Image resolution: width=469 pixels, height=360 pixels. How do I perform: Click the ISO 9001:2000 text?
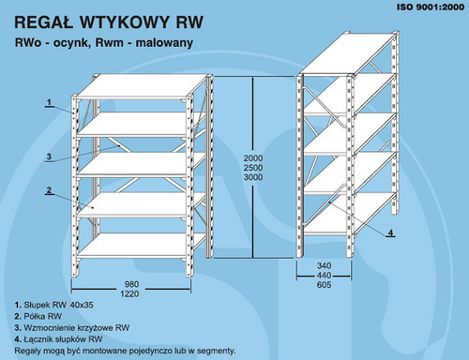[x=431, y=7]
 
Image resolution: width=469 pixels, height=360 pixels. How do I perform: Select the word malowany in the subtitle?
[x=164, y=42]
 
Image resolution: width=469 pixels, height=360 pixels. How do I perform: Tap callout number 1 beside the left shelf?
[x=49, y=102]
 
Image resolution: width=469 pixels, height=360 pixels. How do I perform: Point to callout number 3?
[x=49, y=157]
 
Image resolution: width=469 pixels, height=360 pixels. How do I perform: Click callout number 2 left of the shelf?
[x=49, y=190]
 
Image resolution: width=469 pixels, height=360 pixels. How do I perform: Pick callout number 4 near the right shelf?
[x=390, y=232]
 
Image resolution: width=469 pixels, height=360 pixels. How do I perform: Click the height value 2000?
[x=253, y=158]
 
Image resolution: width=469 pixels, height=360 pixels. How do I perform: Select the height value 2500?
[x=253, y=168]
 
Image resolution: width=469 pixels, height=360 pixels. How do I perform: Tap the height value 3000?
[x=253, y=177]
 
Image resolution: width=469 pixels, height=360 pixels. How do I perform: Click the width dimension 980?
[x=131, y=284]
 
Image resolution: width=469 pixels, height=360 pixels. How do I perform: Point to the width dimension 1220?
[x=129, y=293]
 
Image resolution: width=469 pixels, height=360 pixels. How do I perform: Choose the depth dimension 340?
[x=324, y=265]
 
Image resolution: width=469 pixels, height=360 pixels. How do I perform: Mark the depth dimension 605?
[x=324, y=285]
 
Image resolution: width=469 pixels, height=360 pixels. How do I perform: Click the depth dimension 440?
[x=324, y=276]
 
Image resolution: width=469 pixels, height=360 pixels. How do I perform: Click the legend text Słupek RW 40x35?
[x=58, y=305]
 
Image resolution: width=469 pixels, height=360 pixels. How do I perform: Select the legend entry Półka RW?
[x=43, y=316]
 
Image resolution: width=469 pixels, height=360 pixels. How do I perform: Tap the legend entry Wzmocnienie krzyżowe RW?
[x=77, y=328]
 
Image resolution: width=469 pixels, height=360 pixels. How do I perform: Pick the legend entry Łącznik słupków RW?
[x=63, y=339]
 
